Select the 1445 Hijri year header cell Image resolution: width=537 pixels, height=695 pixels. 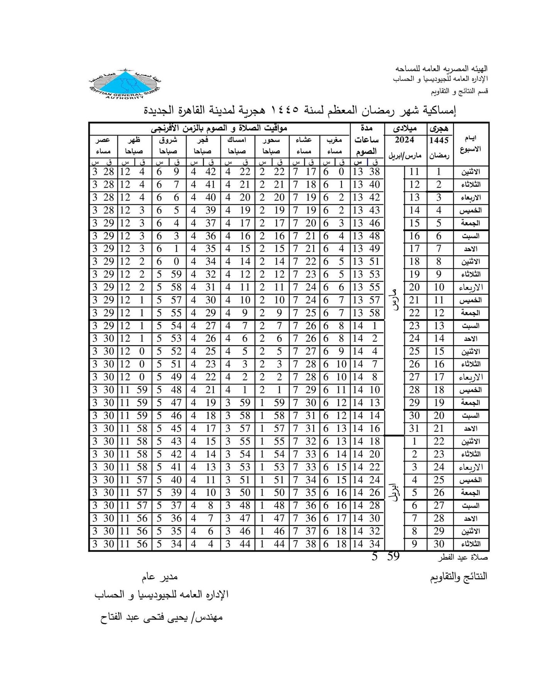click(439, 140)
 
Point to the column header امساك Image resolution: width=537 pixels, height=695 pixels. click(237, 140)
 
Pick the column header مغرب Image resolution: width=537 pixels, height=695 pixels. click(334, 140)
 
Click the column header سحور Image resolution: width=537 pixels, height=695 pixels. click(271, 140)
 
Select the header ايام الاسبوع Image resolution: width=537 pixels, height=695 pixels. click(471, 144)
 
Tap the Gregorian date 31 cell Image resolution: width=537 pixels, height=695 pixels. click(414, 429)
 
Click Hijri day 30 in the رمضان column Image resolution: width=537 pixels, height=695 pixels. click(439, 544)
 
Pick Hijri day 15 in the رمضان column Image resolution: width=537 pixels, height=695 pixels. click(439, 351)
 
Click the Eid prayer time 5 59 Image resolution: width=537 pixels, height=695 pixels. click(386, 557)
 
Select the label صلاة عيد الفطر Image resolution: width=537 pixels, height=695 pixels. click(462, 558)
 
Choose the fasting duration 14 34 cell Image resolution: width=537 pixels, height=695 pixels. click(366, 544)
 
